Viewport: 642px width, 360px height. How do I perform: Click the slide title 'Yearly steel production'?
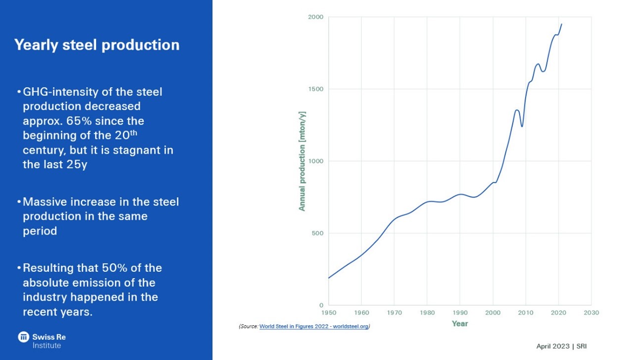click(x=97, y=45)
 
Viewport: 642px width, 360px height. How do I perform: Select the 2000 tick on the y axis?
click(x=316, y=17)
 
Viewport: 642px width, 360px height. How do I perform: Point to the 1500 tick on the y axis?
click(x=316, y=89)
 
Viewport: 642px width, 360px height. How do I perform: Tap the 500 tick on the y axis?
click(x=318, y=233)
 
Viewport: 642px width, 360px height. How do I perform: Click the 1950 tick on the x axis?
click(x=328, y=312)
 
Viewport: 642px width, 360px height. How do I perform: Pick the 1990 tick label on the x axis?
click(x=460, y=312)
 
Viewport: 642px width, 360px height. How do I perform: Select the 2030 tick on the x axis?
click(x=591, y=312)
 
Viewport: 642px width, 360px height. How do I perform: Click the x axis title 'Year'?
click(x=459, y=323)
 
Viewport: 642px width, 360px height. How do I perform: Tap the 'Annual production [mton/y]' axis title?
click(x=301, y=161)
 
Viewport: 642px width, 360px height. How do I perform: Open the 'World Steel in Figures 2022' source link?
click(x=314, y=327)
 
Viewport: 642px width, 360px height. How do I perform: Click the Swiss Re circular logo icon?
click(x=23, y=337)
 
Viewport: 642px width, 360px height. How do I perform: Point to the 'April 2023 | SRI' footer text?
click(x=561, y=346)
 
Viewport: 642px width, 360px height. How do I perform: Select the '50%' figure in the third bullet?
click(x=116, y=268)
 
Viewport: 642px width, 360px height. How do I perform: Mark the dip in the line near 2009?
click(x=522, y=126)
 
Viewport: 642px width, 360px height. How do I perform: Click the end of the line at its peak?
click(x=561, y=24)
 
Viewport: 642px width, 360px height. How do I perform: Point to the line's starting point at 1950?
click(x=329, y=278)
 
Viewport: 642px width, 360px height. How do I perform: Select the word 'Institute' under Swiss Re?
click(x=47, y=345)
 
